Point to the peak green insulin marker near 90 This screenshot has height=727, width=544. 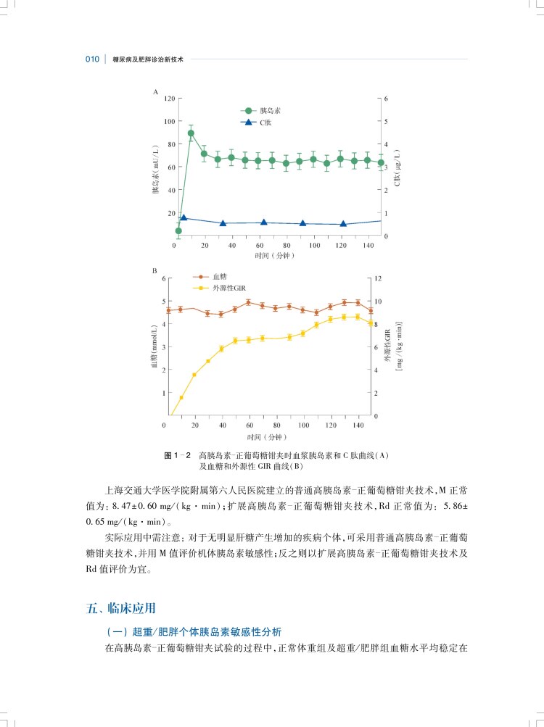tap(191, 133)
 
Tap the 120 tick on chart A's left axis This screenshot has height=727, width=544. tap(169, 98)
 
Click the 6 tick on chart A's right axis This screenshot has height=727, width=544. tap(387, 98)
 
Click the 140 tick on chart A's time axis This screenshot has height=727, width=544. tap(370, 246)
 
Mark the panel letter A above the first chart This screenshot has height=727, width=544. tap(155, 92)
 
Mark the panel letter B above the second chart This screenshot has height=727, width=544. tap(154, 271)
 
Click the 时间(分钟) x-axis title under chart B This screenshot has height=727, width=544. tap(267, 437)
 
